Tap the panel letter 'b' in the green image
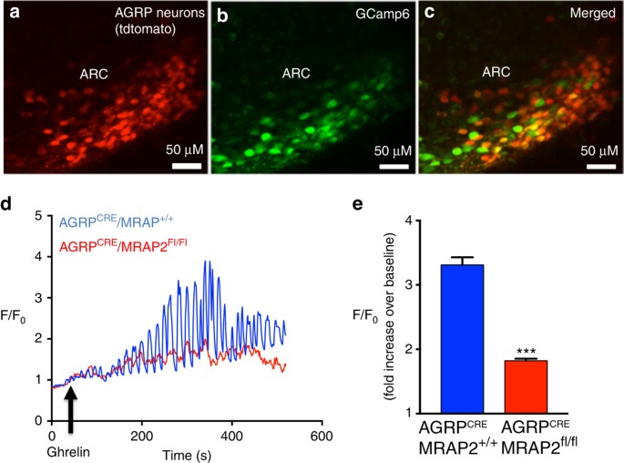tap(220, 12)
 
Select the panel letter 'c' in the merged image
tap(428, 12)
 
